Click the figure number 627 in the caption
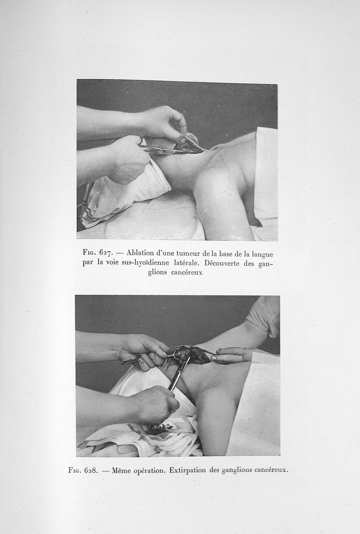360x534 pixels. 106,253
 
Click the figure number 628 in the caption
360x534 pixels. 91,470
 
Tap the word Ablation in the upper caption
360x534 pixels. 140,253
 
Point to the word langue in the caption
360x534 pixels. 261,255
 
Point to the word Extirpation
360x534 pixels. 188,470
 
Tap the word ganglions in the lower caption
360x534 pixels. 237,470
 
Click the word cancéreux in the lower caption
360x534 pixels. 271,470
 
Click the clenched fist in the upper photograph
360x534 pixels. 127,159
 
